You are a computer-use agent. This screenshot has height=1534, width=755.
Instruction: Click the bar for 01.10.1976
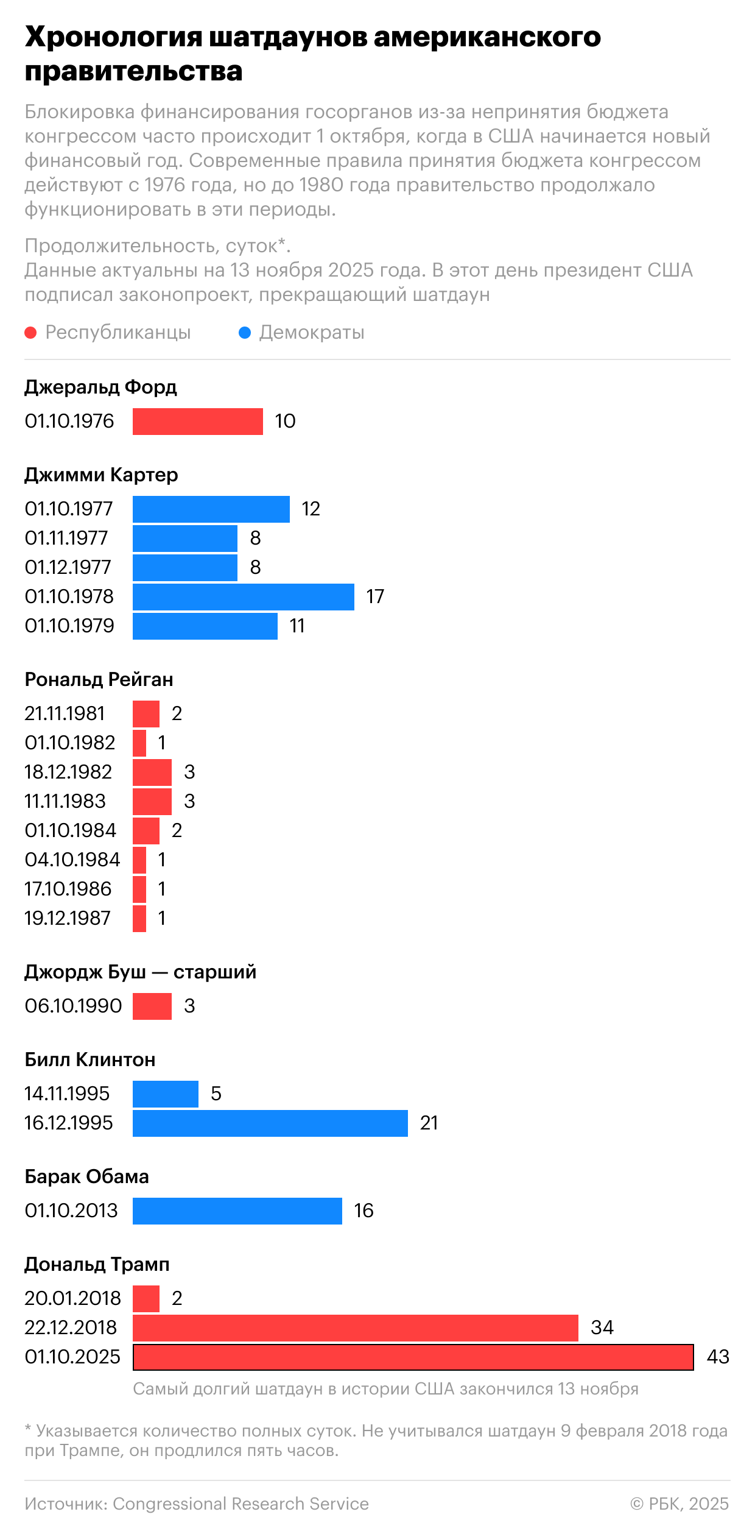click(197, 421)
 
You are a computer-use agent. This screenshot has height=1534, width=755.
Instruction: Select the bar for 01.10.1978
click(243, 596)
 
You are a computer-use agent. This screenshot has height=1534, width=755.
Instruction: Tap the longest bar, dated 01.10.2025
click(413, 1357)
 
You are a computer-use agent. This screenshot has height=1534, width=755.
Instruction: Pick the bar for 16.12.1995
click(270, 1123)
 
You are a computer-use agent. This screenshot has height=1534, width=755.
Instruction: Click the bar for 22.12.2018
click(355, 1327)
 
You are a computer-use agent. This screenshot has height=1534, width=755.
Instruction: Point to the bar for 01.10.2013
click(237, 1211)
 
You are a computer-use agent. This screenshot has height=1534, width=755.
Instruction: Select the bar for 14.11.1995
click(165, 1094)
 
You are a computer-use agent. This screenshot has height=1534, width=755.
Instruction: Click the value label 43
click(718, 1357)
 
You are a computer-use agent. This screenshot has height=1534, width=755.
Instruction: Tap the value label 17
click(375, 596)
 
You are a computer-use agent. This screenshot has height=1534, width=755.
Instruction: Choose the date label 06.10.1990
click(73, 1006)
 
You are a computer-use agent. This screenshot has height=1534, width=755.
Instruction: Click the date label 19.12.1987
click(68, 918)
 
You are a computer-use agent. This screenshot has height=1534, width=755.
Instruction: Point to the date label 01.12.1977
click(68, 567)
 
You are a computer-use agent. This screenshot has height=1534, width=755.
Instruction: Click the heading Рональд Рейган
click(99, 679)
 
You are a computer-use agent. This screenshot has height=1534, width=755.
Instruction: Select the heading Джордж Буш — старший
click(140, 972)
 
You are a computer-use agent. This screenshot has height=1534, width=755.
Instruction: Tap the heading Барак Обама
click(86, 1176)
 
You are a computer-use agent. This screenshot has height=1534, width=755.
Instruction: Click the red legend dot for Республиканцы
click(30, 333)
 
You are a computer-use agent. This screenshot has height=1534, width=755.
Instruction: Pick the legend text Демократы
click(312, 333)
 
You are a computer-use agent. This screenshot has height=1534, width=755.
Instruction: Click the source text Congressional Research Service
click(241, 1504)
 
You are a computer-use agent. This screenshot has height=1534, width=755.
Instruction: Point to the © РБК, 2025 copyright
click(679, 1504)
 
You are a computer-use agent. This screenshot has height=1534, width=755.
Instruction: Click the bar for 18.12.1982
click(152, 772)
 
